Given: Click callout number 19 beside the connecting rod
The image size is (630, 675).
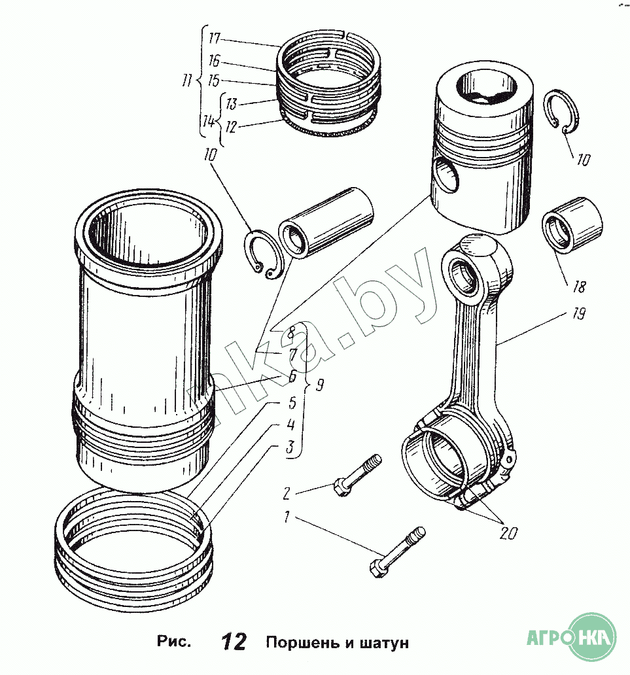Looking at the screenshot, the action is (x=576, y=315).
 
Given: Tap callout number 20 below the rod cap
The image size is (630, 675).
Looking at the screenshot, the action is (x=508, y=534).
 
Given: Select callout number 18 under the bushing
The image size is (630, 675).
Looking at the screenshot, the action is (x=578, y=286).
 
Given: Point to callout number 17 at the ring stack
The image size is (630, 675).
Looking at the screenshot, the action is (x=215, y=38).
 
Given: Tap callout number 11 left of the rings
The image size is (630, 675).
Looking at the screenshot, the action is (x=188, y=82).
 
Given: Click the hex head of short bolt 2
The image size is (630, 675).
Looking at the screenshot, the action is (x=340, y=487).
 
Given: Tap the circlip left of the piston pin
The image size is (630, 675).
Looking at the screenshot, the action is (x=262, y=255).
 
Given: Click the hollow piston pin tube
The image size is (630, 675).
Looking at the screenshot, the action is (x=327, y=222).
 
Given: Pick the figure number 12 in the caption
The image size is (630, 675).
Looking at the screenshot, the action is (x=233, y=642).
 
